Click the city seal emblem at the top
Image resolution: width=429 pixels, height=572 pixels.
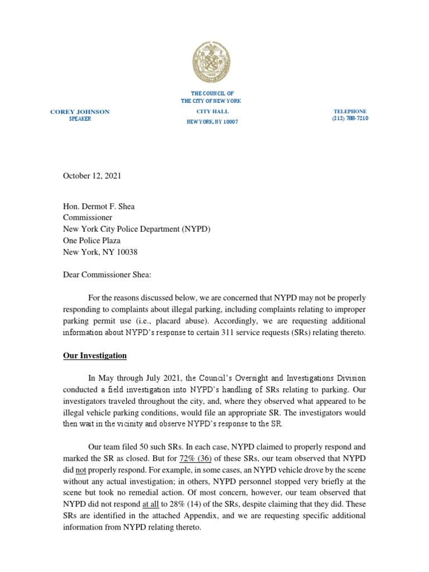click(x=211, y=63)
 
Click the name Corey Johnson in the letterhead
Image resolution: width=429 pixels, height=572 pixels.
click(x=80, y=112)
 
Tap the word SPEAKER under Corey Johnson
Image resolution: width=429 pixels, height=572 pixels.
click(x=80, y=119)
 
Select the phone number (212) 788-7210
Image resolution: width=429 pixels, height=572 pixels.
click(x=350, y=118)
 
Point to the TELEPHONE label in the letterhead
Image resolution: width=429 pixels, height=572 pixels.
click(x=350, y=111)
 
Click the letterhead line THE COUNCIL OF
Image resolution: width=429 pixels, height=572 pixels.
click(x=212, y=93)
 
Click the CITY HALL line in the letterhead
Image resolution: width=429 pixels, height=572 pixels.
click(x=211, y=111)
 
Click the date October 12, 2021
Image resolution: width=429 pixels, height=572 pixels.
click(x=92, y=175)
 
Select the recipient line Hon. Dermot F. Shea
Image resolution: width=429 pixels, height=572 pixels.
click(x=98, y=206)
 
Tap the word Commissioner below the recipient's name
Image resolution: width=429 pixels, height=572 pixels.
click(x=87, y=217)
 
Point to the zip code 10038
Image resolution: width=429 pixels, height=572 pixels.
click(x=126, y=252)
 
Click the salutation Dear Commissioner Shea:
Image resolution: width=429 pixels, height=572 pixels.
click(x=106, y=275)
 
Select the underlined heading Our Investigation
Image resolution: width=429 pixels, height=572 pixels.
click(x=94, y=355)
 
